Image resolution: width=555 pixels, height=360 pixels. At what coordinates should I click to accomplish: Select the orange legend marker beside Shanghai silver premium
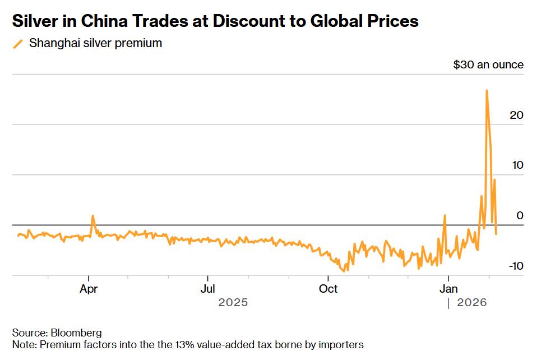pyautogui.click(x=18, y=43)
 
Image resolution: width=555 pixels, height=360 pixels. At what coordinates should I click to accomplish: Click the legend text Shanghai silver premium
pyautogui.click(x=95, y=43)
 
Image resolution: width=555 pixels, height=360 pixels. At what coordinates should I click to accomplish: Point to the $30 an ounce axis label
pyautogui.click(x=488, y=64)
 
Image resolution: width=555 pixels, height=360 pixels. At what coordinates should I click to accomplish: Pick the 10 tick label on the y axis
pyautogui.click(x=516, y=165)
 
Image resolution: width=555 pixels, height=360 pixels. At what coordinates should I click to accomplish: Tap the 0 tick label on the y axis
pyautogui.click(x=520, y=215)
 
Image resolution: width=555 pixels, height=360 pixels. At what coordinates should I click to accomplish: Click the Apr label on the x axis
pyautogui.click(x=89, y=289)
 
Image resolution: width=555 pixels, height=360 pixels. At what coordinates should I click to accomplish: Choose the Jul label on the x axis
pyautogui.click(x=208, y=289)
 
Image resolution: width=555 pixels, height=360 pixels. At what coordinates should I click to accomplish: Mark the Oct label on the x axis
pyautogui.click(x=328, y=289)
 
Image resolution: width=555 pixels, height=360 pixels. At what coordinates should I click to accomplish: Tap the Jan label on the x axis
pyautogui.click(x=448, y=289)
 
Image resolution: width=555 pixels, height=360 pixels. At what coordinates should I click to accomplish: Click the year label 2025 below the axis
pyautogui.click(x=233, y=303)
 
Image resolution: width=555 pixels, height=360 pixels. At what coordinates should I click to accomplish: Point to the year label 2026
pyautogui.click(x=472, y=303)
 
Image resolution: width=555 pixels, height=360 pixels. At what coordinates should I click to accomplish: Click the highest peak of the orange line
pyautogui.click(x=486, y=90)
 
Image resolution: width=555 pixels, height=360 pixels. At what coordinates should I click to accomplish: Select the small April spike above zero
pyautogui.click(x=92, y=216)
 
